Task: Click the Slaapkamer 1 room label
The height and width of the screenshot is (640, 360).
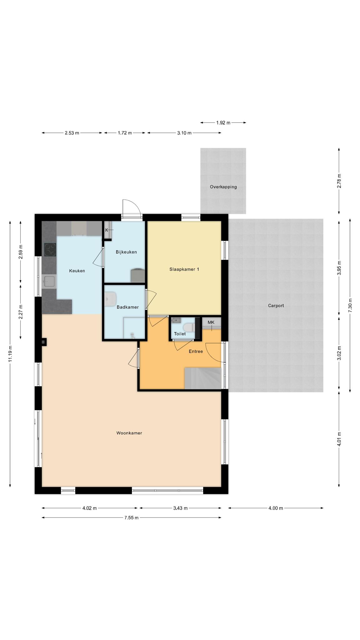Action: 184,269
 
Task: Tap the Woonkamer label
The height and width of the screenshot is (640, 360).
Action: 129,433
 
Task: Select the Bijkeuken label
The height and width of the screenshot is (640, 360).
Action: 126,252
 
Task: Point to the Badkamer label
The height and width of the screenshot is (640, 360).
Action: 127,307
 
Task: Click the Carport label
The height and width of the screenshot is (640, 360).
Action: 276,306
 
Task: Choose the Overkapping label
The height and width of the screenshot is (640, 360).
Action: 223,187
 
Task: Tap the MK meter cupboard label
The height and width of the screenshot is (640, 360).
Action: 211,322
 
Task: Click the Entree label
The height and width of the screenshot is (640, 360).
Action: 196,351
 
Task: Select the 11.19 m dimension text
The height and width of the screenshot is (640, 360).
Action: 10,354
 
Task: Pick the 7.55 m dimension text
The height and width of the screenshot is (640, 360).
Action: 131,517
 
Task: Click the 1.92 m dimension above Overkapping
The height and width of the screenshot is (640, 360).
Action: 223,122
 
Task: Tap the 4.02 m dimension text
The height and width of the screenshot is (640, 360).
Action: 90,508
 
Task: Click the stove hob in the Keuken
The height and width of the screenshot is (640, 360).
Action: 50,250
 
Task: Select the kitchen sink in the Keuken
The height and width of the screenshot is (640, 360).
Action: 49,281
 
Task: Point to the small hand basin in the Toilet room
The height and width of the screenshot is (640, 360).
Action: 176,320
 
